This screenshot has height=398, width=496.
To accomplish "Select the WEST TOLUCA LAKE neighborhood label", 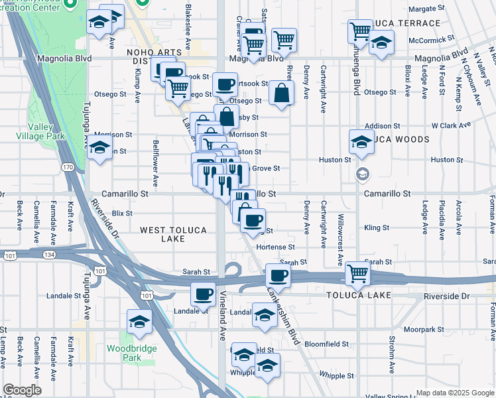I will [173, 234].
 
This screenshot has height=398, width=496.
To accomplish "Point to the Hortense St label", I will [275, 247].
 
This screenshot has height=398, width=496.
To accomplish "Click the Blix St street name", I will [123, 214].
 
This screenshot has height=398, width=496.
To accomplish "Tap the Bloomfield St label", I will [327, 344].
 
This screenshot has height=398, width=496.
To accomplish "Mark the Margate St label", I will [426, 9].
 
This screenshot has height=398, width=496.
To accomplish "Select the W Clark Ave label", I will [451, 125].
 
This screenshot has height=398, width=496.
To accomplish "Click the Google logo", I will [22, 390].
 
